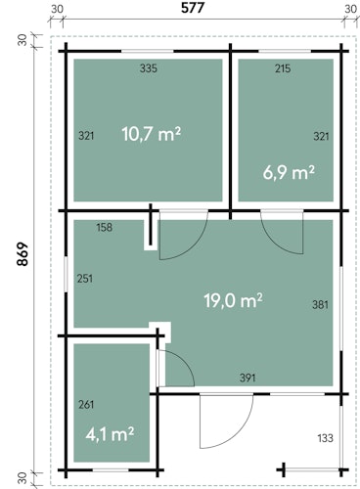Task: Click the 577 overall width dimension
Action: [193, 8]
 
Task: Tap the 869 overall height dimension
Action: [22, 254]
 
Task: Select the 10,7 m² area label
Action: [152, 134]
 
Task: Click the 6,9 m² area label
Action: [289, 172]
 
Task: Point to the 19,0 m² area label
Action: [233, 300]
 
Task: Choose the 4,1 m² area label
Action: [110, 434]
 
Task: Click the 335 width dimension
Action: [149, 68]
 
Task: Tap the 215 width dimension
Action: [283, 68]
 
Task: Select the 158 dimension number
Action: [105, 227]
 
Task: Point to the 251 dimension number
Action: [85, 279]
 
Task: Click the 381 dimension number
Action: [320, 305]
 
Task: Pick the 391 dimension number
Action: [247, 378]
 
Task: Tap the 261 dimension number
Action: [86, 405]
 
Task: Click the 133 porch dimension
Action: [326, 438]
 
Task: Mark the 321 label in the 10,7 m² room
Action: [86, 136]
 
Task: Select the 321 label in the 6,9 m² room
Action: [321, 136]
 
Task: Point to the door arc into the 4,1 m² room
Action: [188, 362]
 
